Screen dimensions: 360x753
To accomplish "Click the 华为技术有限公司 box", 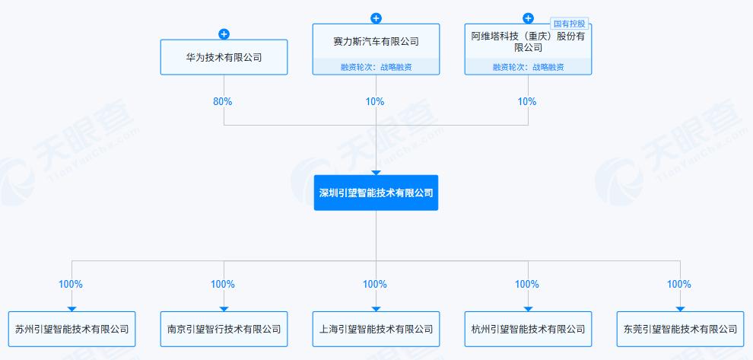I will [224, 57].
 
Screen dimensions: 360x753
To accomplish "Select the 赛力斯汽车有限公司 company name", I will [376, 42].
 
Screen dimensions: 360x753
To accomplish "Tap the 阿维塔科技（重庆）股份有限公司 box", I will [528, 42].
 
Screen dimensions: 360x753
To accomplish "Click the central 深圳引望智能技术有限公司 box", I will [376, 193].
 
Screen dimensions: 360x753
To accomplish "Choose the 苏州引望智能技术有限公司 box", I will [71, 330].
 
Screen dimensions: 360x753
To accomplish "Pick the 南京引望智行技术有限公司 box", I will [224, 330].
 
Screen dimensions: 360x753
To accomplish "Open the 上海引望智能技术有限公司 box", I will [376, 330].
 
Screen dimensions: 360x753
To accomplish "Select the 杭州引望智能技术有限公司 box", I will [528, 330].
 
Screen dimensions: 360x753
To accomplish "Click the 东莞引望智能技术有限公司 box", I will [680, 330].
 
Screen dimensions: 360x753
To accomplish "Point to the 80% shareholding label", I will [223, 101].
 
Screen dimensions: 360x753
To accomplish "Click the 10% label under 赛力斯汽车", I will [375, 101].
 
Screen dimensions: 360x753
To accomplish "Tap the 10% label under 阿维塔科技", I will [527, 101].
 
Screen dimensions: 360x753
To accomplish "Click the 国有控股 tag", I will [570, 24].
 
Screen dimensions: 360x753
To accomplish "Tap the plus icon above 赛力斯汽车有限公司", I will [376, 18].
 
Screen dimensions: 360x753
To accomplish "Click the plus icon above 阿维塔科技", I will [528, 18].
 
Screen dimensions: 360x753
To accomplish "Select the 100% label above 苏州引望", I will [71, 284].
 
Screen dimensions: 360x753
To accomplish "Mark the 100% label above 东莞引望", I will [679, 284].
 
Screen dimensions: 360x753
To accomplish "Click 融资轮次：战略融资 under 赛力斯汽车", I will [376, 67].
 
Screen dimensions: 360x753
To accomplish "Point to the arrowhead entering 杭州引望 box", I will [528, 308].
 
